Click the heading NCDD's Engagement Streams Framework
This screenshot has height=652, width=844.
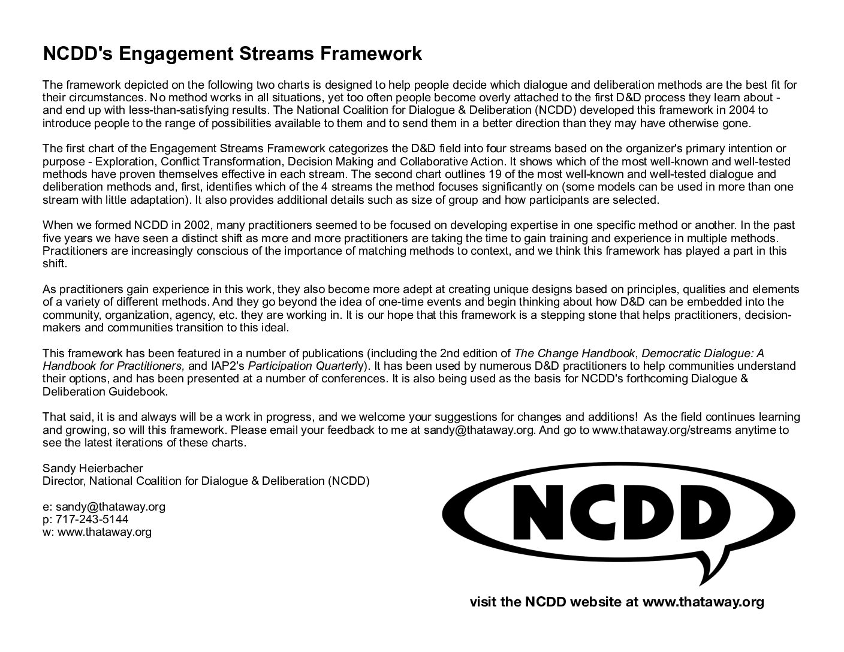[232, 54]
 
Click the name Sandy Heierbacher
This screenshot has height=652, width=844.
[93, 468]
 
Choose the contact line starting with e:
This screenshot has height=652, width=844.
[104, 506]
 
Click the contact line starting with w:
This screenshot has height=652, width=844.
[97, 532]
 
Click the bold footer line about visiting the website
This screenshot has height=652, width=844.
[617, 602]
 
